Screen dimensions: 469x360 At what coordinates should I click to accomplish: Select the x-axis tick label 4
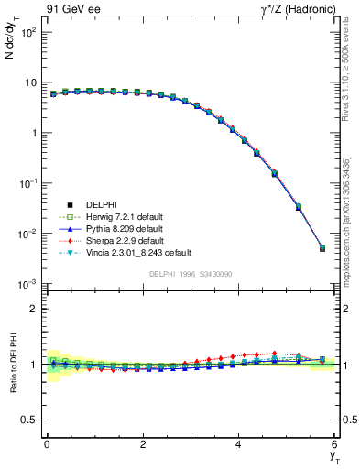[239, 444]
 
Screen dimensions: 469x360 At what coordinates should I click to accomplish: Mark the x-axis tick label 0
[47, 444]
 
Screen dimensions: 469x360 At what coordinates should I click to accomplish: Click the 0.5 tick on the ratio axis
[31, 420]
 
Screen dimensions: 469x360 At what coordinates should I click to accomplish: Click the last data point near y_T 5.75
[322, 247]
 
